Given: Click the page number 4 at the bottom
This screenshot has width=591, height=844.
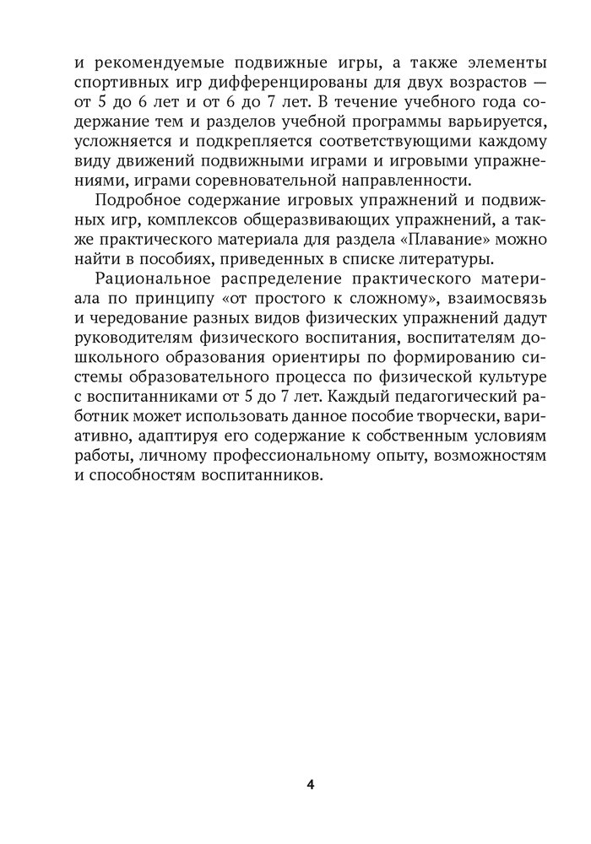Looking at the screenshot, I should point(311,784).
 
